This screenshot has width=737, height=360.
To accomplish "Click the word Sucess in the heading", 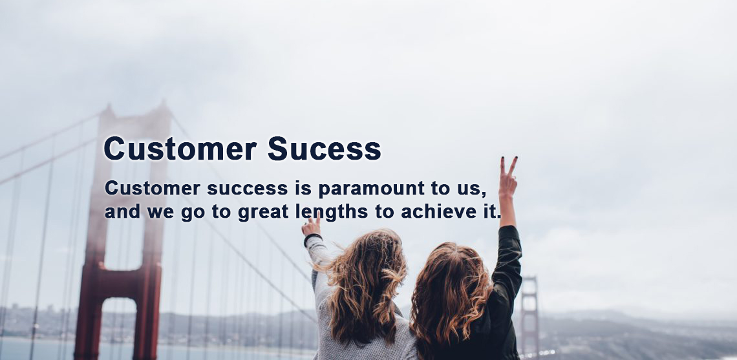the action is point(324,149).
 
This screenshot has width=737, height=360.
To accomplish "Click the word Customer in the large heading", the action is point(180,149).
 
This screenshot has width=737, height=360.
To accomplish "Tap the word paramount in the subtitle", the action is point(371,189).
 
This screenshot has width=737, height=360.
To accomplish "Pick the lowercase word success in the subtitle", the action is point(247,189).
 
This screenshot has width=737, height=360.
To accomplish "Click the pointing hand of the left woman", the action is point(311,226).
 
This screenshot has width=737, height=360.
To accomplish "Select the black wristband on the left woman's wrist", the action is point(312,238).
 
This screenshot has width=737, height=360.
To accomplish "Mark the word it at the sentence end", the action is point(491,211).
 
